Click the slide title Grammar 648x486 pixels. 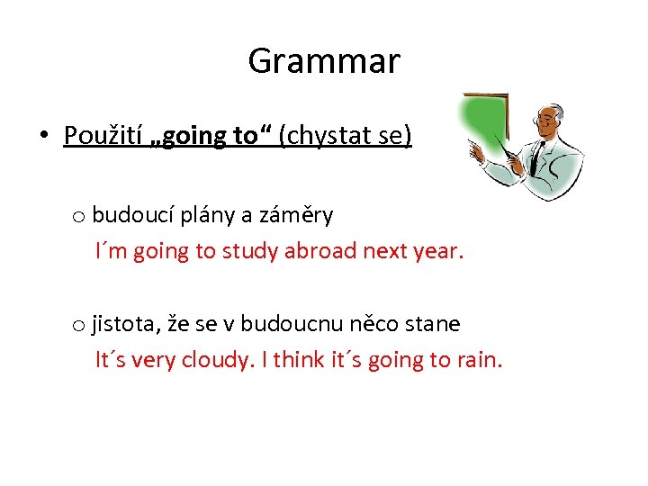click(x=324, y=61)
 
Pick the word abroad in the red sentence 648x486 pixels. click(x=320, y=251)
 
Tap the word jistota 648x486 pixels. click(x=121, y=324)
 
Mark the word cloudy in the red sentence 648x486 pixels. click(x=215, y=360)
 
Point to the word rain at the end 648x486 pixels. click(x=479, y=360)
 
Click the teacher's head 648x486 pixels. click(x=548, y=121)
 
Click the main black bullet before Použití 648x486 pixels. click(x=43, y=137)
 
